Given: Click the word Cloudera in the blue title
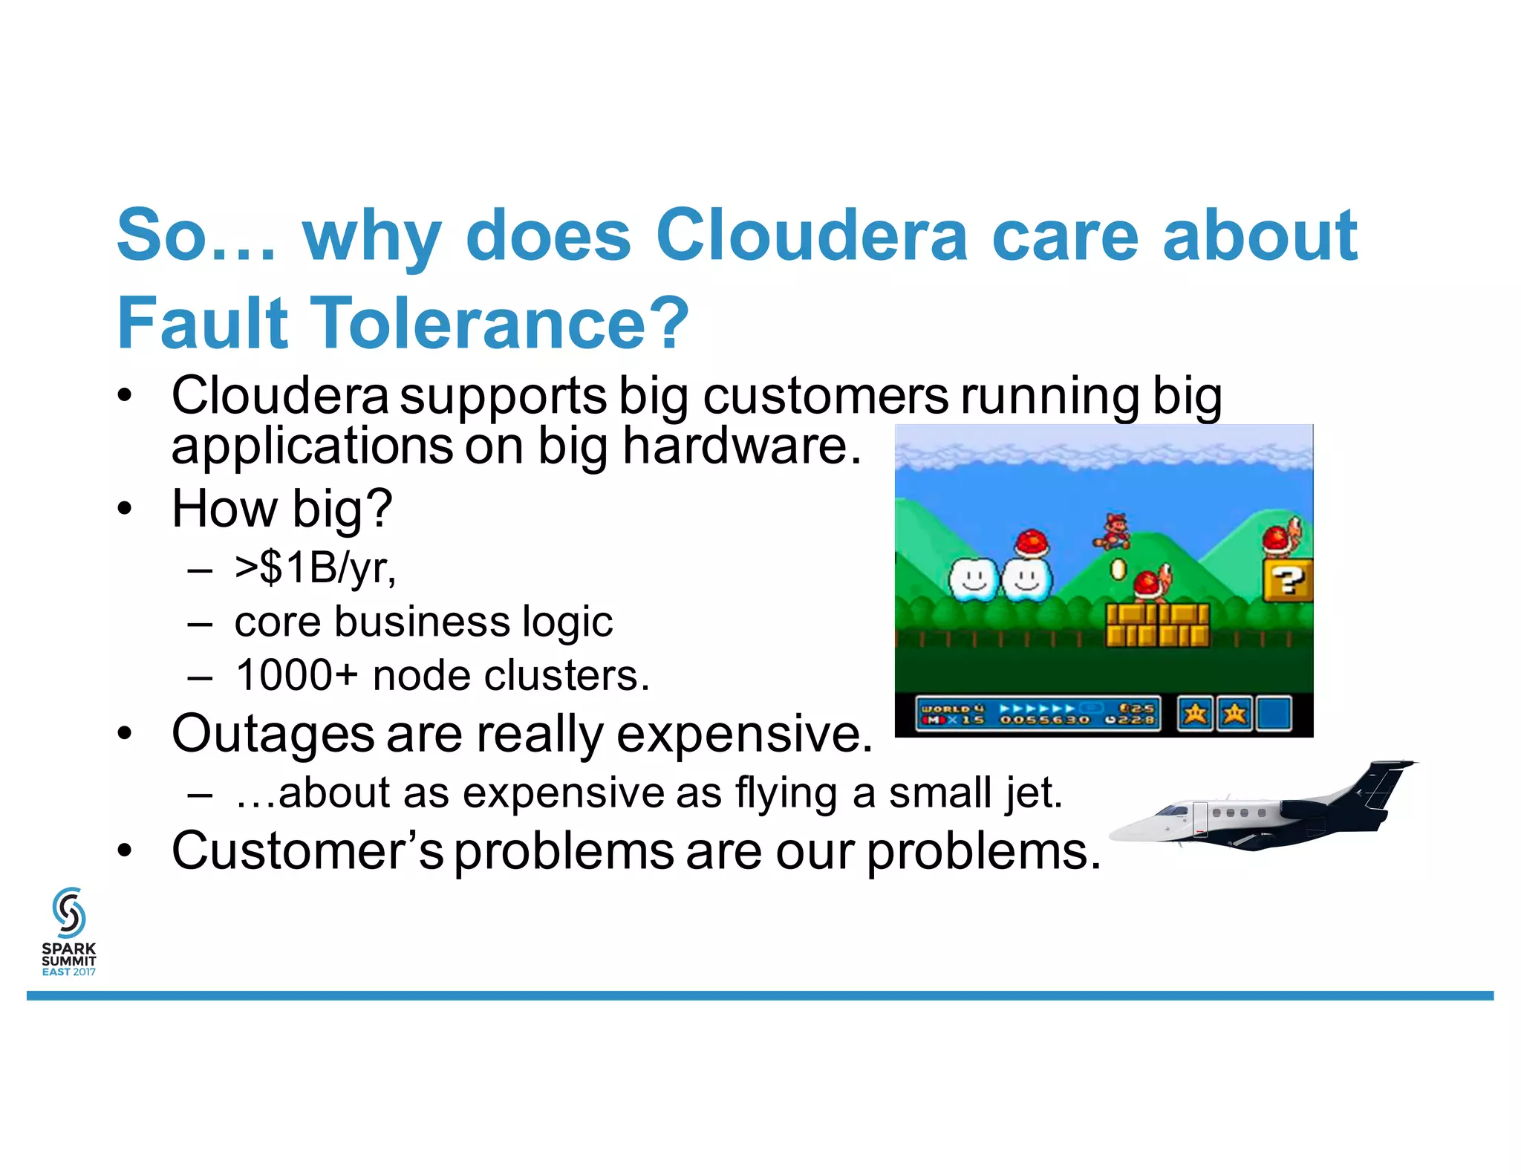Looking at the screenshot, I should pos(811,236).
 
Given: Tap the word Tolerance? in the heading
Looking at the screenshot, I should pos(499,324).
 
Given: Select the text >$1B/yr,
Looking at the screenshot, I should pos(315,568).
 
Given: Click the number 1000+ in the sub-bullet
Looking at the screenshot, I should pos(296,676).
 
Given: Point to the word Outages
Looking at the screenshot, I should pos(273,734).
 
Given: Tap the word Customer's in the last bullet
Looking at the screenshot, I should pos(307,851).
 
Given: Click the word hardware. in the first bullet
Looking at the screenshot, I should pos(741,446).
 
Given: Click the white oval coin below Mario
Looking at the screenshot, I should pos(1118,570).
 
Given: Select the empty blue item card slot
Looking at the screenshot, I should pos(1274,714).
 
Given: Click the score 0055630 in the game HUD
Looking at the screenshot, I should pos(1043,720).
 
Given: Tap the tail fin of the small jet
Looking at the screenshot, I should pos(1382,784).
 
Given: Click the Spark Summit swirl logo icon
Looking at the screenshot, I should pos(69,912).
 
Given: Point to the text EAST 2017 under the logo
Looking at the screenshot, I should pos(69,971).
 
